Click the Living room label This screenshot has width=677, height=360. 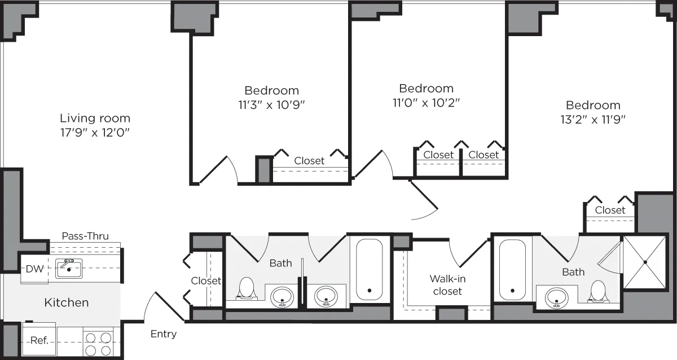point(95,118)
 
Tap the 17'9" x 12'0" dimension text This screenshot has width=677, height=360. point(95,133)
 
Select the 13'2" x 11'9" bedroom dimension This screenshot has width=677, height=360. point(593,119)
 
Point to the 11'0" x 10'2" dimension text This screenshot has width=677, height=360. point(426,103)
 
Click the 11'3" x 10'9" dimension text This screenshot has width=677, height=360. point(271,104)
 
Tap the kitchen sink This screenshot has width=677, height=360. point(69,268)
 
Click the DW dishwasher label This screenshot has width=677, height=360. point(34,269)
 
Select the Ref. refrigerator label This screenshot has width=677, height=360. point(38,340)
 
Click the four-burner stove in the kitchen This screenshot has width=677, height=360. point(98,344)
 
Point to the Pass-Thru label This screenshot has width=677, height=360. point(85,236)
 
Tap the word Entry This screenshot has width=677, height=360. point(164,334)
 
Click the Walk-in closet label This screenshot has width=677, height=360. point(447,285)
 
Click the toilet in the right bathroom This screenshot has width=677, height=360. point(597,290)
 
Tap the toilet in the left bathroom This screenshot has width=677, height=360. point(246,288)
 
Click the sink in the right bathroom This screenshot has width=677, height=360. point(557,296)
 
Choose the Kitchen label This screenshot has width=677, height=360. point(67,302)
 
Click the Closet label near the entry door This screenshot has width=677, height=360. point(206,280)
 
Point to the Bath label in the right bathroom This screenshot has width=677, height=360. point(573,272)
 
